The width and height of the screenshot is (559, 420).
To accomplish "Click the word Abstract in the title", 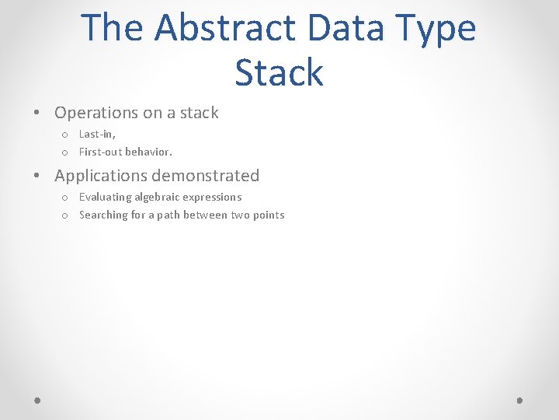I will pyautogui.click(x=224, y=27).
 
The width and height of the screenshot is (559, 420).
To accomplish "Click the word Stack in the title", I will pyautogui.click(x=279, y=72).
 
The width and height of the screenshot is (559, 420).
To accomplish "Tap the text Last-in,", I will pyautogui.click(x=97, y=134).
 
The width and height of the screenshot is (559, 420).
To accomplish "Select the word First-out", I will pyautogui.click(x=100, y=152).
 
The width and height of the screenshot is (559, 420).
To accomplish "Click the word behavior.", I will pyautogui.click(x=148, y=152).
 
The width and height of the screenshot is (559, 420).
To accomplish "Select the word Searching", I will pyautogui.click(x=103, y=215).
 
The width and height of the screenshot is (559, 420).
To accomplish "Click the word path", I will pyautogui.click(x=169, y=215).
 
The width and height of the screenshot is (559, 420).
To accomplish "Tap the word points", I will pyautogui.click(x=269, y=215).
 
